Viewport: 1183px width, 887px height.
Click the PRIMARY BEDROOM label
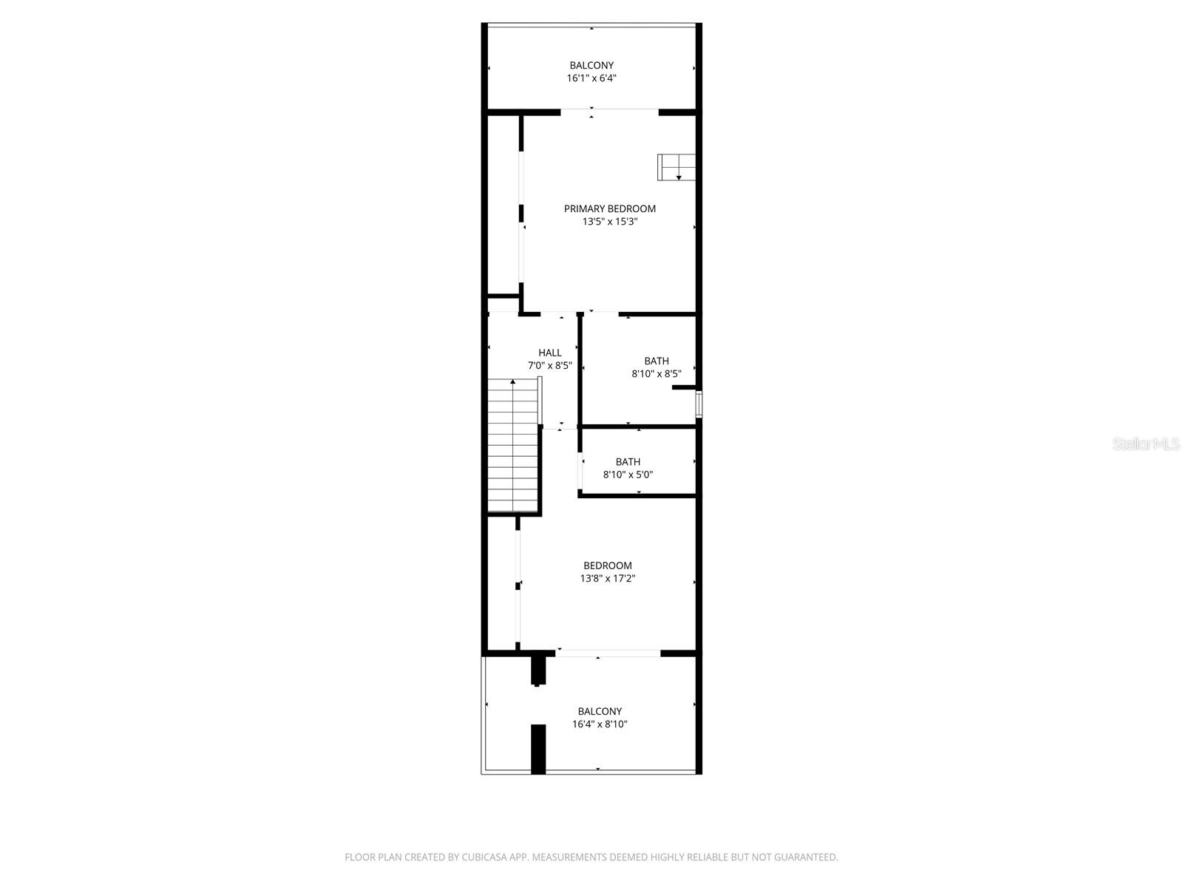609,208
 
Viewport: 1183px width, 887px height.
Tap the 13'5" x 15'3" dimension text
609,221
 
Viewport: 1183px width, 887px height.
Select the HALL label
549,353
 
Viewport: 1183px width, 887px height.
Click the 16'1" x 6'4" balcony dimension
591,78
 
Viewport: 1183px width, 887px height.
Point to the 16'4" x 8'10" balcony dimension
600,724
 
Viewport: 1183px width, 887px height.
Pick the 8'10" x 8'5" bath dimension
656,374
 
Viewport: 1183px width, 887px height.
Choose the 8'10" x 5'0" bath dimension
628,475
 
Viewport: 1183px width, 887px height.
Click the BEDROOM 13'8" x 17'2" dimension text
608,579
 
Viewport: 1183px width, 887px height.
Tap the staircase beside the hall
512,451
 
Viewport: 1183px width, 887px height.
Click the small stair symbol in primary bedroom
677,167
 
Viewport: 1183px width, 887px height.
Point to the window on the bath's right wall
699,404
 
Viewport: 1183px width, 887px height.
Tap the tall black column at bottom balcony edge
538,749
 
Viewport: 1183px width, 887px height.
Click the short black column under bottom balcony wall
538,670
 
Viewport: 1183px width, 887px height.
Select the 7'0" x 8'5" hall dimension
549,365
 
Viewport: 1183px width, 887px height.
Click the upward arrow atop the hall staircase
512,382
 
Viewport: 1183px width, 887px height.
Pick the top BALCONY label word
591,65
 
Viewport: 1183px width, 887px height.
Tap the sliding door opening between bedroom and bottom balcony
608,653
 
